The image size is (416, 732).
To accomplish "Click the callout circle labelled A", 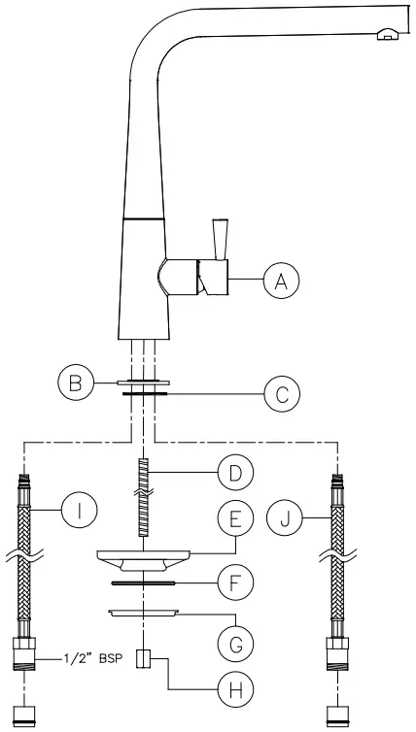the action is pyautogui.click(x=281, y=281).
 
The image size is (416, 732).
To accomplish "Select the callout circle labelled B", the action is pyautogui.click(x=76, y=383).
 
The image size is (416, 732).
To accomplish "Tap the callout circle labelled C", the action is pyautogui.click(x=282, y=395).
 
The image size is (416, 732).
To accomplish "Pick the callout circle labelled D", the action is pyautogui.click(x=235, y=473).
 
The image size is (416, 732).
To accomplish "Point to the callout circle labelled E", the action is pyautogui.click(x=235, y=518).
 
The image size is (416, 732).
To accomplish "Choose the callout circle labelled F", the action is pyautogui.click(x=235, y=582).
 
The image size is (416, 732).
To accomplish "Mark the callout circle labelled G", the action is pyautogui.click(x=235, y=645).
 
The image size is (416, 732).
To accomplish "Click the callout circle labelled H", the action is pyautogui.click(x=235, y=689).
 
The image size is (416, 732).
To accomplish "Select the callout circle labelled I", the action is pyautogui.click(x=80, y=511).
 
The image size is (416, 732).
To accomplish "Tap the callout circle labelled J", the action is pyautogui.click(x=284, y=518).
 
